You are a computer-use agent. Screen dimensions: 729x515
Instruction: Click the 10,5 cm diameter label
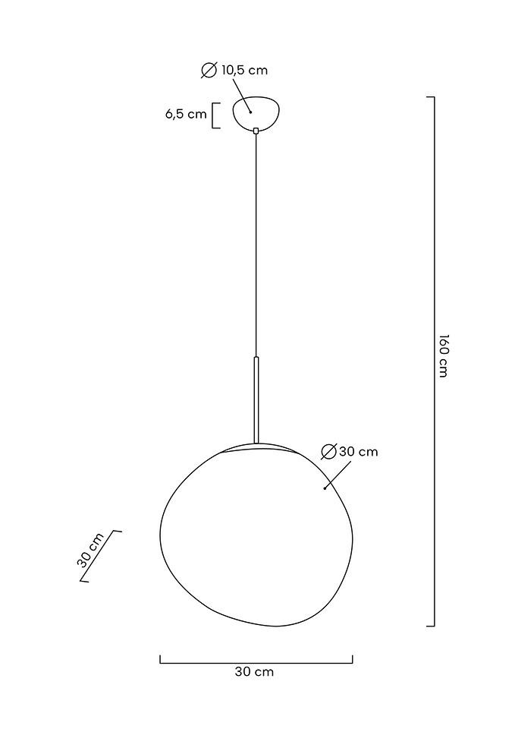coord(244,71)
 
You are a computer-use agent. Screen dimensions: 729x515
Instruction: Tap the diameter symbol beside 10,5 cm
coord(209,71)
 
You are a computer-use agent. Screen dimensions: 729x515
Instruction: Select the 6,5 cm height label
coord(185,115)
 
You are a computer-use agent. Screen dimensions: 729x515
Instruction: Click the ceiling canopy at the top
coord(256,112)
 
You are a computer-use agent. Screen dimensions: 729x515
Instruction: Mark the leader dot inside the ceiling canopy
coord(250,112)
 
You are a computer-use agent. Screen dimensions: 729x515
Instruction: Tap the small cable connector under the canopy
coord(256,131)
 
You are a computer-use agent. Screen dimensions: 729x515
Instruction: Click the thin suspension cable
coord(256,243)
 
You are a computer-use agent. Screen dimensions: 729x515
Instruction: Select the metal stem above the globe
coord(256,399)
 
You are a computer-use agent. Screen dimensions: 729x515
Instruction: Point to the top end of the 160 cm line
coord(430,98)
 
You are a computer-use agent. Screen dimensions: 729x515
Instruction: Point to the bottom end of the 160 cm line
coord(430,626)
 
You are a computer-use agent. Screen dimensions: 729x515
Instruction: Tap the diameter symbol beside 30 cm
coord(328,452)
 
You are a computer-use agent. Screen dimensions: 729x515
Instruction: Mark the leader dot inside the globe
coord(325,488)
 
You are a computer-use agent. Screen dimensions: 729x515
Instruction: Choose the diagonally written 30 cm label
coord(91,551)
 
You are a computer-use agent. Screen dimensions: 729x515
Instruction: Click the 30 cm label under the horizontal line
coord(255,672)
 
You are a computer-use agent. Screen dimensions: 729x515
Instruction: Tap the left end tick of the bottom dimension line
coord(160,659)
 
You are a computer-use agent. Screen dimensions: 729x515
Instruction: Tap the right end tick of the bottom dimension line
coord(352,659)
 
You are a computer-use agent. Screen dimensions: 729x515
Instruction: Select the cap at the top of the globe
coord(256,447)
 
